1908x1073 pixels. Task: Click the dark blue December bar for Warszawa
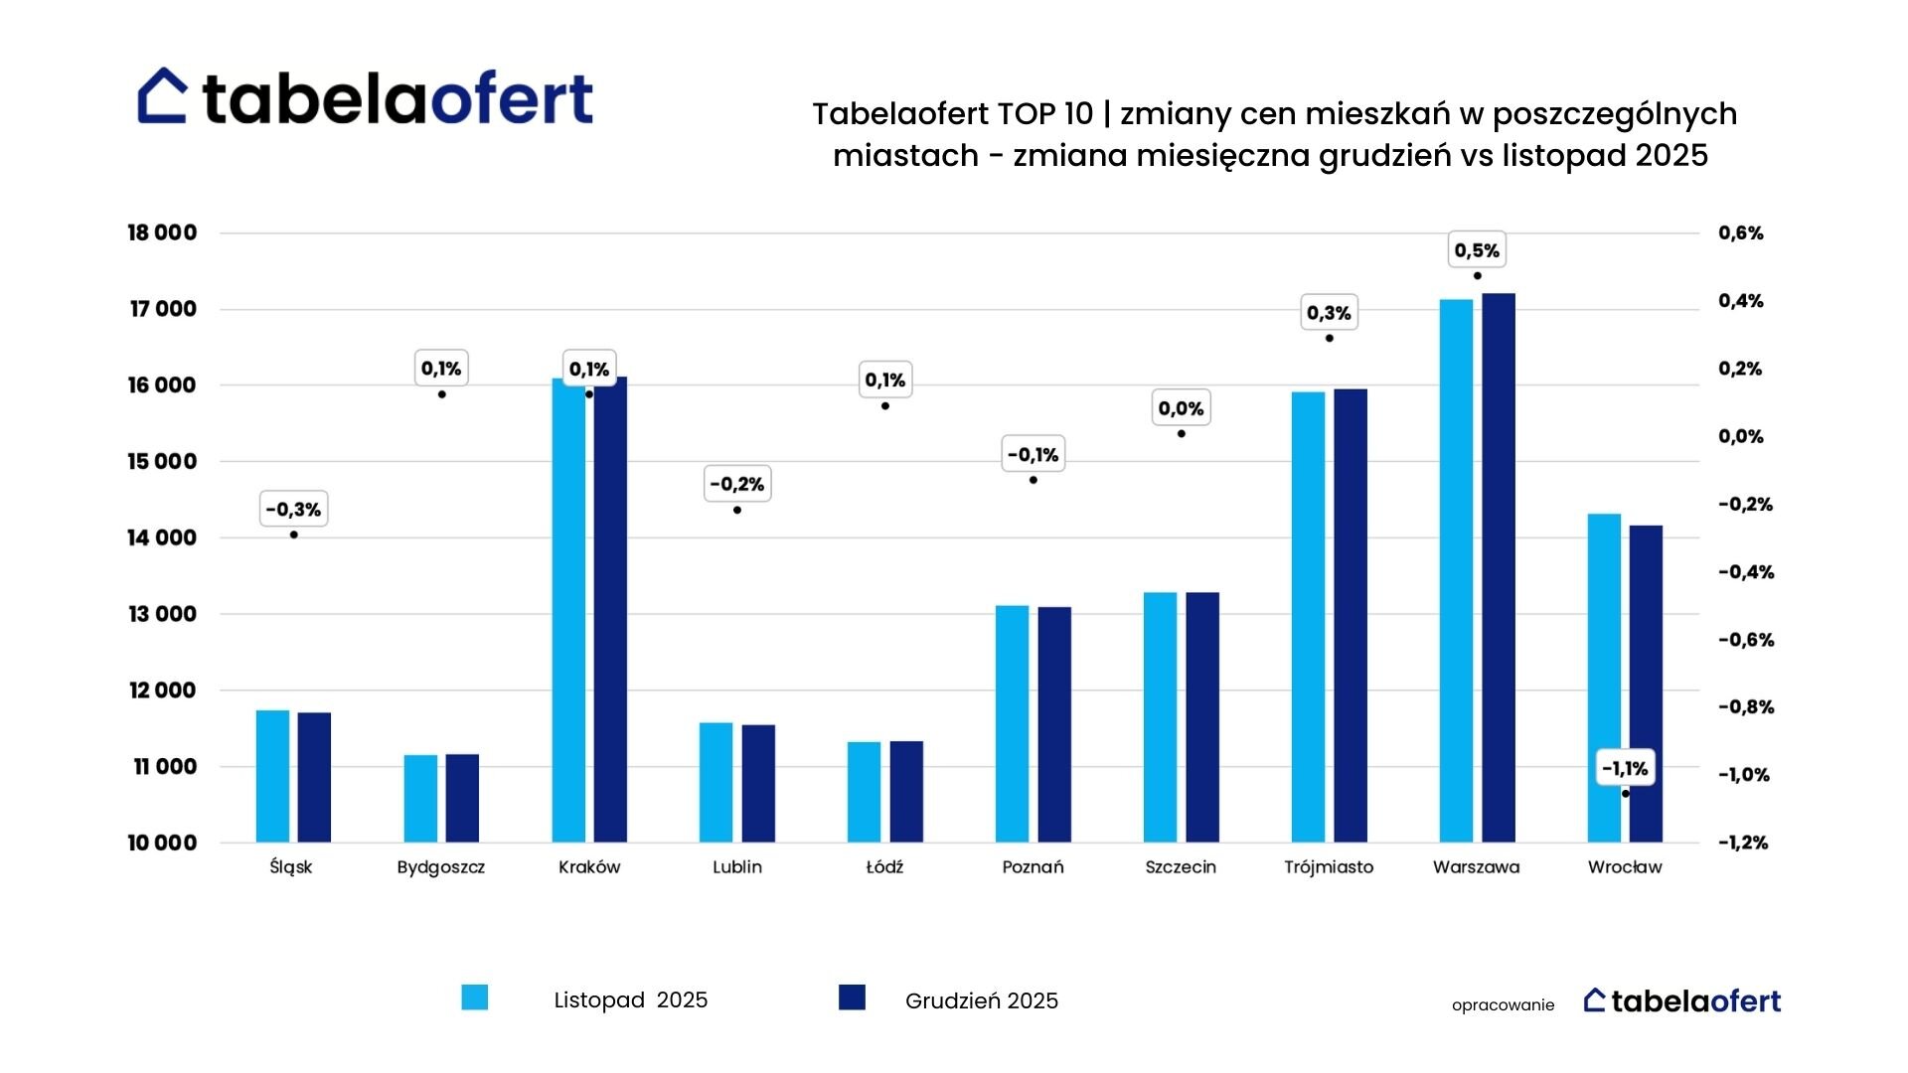pyautogui.click(x=1499, y=567)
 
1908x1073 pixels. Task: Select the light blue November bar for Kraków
pyautogui.click(x=568, y=610)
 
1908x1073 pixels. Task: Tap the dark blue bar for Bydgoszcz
pyautogui.click(x=462, y=798)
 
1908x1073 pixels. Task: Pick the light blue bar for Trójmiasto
pyautogui.click(x=1308, y=617)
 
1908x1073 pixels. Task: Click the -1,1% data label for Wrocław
pyautogui.click(x=1625, y=768)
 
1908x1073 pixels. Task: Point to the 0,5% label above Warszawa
pyautogui.click(x=1477, y=250)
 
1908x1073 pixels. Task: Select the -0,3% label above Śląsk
pyautogui.click(x=293, y=510)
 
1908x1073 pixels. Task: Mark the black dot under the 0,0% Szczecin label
pyautogui.click(x=1182, y=434)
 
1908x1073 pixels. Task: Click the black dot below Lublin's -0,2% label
pyautogui.click(x=737, y=511)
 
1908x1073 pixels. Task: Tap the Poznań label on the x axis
pyautogui.click(x=1033, y=867)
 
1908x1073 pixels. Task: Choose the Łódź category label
pyautogui.click(x=884, y=867)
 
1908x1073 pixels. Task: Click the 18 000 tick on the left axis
pyautogui.click(x=162, y=232)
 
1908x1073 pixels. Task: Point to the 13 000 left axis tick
pyautogui.click(x=162, y=614)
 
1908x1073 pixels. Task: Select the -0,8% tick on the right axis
pyautogui.click(x=1746, y=707)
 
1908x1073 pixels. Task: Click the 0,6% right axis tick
pyautogui.click(x=1741, y=233)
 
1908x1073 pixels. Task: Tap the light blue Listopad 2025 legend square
pyautogui.click(x=475, y=997)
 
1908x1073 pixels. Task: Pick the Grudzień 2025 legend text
pyautogui.click(x=982, y=1000)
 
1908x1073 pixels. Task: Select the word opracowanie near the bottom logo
pyautogui.click(x=1503, y=1005)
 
